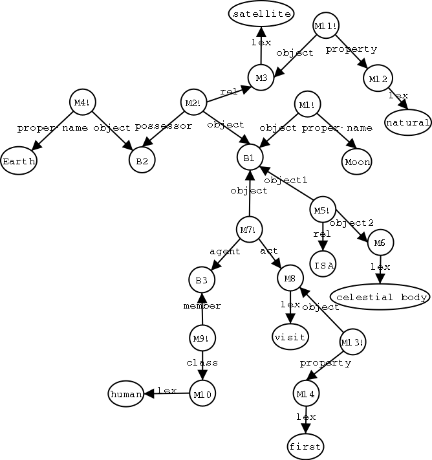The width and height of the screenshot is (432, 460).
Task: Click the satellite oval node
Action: click(261, 14)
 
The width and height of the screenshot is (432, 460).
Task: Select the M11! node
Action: click(325, 26)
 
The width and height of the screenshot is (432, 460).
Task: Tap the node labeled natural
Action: click(407, 122)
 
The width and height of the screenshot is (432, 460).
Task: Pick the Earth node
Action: click(18, 161)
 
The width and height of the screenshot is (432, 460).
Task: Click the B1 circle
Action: click(250, 157)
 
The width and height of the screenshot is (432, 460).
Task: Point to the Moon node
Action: click(356, 161)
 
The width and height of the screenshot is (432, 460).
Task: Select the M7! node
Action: click(249, 229)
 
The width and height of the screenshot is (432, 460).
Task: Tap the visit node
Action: click(290, 337)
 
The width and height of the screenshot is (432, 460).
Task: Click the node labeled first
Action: click(305, 446)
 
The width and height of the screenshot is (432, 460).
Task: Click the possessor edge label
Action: click(164, 127)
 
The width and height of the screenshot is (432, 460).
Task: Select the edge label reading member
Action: click(202, 306)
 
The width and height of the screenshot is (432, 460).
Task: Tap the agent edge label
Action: click(225, 252)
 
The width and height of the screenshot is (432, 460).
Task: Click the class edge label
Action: click(202, 363)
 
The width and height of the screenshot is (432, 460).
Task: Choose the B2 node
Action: click(141, 161)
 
